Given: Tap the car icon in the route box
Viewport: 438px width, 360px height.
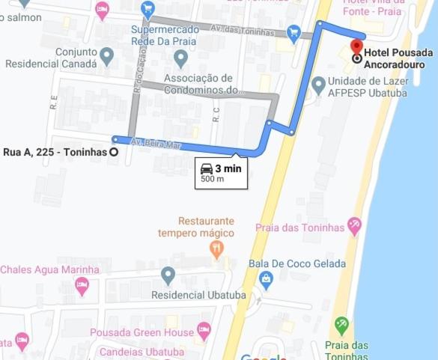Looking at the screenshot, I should (x=207, y=169).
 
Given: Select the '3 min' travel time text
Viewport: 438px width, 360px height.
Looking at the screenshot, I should (x=228, y=169).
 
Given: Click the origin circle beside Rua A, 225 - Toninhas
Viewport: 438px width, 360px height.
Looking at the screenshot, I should (x=114, y=151).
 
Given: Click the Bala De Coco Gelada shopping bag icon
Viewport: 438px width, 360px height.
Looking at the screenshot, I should (x=265, y=279).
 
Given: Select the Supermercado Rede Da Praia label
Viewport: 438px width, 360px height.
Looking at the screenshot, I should (x=164, y=36).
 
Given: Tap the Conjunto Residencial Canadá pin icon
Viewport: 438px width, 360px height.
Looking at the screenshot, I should (x=106, y=55).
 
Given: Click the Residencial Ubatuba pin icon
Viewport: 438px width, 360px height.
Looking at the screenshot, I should (x=168, y=276).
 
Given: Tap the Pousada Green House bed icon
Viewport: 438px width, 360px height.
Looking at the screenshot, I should (x=204, y=330).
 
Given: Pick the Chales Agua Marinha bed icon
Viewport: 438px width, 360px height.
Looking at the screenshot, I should (x=82, y=284).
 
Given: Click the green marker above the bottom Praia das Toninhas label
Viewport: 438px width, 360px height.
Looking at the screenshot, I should (x=342, y=325).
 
